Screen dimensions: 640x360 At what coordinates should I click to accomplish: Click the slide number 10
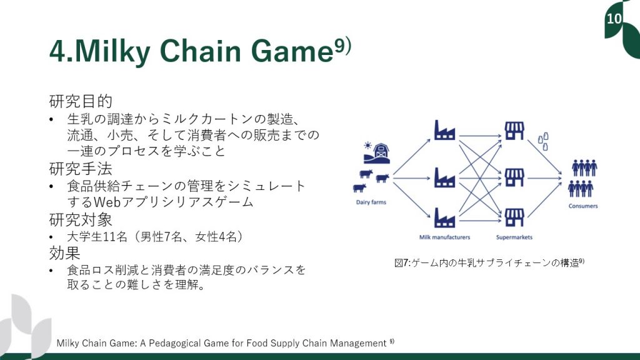[x=614, y=18]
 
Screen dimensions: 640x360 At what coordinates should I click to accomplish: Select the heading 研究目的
[x=81, y=101]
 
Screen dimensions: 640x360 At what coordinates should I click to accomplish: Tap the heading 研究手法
[x=81, y=169]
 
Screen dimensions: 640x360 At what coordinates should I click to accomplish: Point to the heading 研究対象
[x=81, y=219]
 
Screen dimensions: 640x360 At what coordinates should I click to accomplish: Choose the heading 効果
[x=64, y=253]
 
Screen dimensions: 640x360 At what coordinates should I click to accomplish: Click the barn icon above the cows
[x=377, y=153]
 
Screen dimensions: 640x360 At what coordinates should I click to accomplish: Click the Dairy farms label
[x=371, y=202]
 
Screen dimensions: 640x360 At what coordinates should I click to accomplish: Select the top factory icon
[x=444, y=130]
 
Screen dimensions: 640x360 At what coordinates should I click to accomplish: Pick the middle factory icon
[x=444, y=177]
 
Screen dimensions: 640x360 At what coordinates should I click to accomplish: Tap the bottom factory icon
[x=444, y=217]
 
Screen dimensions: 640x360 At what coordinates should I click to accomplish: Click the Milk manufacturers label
[x=444, y=237]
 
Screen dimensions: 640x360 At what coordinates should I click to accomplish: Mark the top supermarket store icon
[x=514, y=131]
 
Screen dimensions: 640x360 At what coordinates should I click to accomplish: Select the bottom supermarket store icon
[x=514, y=217]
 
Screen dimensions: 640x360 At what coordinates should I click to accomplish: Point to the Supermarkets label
[x=514, y=237]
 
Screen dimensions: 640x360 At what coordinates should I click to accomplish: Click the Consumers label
[x=583, y=206]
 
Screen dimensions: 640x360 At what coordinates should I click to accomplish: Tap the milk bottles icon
[x=543, y=141]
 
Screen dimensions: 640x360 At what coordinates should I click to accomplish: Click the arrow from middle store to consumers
[x=545, y=178]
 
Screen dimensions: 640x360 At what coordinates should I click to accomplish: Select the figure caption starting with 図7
[x=489, y=263]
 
